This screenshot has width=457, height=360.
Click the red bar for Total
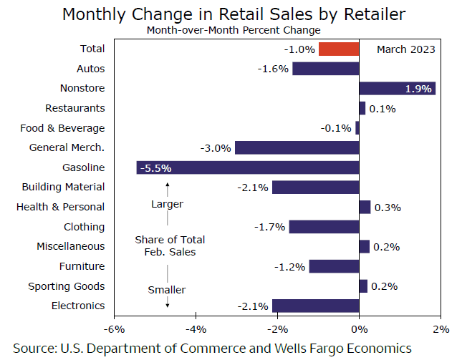339,49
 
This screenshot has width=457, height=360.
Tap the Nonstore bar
397,88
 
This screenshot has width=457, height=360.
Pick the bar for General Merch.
297,147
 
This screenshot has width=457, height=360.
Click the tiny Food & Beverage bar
357,128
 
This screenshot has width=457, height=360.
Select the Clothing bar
324,227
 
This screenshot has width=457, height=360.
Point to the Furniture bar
334,266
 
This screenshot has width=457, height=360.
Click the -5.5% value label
156,168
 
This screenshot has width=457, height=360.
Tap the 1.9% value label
418,89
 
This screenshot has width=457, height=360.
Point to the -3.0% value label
216,148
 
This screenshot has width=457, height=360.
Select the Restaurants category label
75,108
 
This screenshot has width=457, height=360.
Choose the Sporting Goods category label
67,286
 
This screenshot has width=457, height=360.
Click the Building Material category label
63,187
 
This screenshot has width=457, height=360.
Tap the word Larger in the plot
167,204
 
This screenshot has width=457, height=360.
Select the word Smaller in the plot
167,290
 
